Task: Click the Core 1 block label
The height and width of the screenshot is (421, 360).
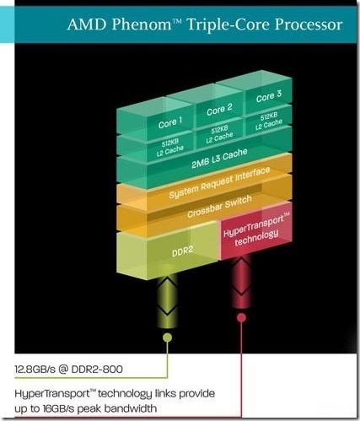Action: pyautogui.click(x=170, y=123)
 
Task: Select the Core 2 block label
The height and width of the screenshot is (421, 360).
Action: pyautogui.click(x=219, y=110)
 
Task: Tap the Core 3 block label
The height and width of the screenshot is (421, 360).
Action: pyautogui.click(x=269, y=96)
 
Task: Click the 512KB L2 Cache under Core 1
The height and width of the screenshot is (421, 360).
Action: pyautogui.click(x=170, y=147)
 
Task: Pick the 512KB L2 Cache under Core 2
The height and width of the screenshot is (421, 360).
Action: pyautogui.click(x=219, y=134)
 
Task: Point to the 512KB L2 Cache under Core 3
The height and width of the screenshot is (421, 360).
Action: pyautogui.click(x=269, y=121)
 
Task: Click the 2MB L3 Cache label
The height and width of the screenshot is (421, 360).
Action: pyautogui.click(x=219, y=158)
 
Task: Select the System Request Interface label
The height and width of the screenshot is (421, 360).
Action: pyautogui.click(x=219, y=182)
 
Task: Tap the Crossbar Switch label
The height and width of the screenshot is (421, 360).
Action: pyautogui.click(x=219, y=206)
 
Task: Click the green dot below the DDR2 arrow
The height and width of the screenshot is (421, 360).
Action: pyautogui.click(x=167, y=337)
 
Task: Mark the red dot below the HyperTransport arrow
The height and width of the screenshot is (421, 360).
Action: pyautogui.click(x=241, y=317)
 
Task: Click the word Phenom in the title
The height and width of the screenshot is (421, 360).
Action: pyautogui.click(x=142, y=24)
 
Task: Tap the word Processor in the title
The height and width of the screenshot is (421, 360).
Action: pyautogui.click(x=309, y=24)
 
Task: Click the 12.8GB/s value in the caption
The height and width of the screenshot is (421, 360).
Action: pyautogui.click(x=35, y=369)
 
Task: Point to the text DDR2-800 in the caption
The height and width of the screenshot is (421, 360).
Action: pyautogui.click(x=97, y=369)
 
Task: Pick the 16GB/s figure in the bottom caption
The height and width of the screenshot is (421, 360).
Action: pyautogui.click(x=58, y=408)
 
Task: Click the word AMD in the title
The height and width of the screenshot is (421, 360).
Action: pyautogui.click(x=87, y=24)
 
